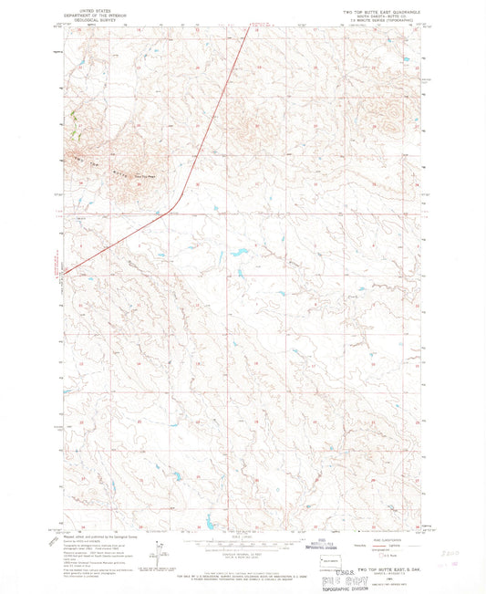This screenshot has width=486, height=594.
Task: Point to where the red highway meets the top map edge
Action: [x=250, y=26]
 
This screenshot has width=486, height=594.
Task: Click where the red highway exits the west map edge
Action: [x=61, y=273]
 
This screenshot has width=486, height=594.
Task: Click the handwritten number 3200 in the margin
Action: [x=450, y=553]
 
